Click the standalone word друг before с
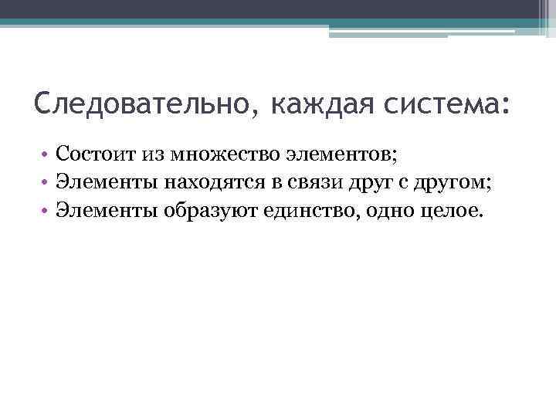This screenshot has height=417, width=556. coord(352,183)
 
